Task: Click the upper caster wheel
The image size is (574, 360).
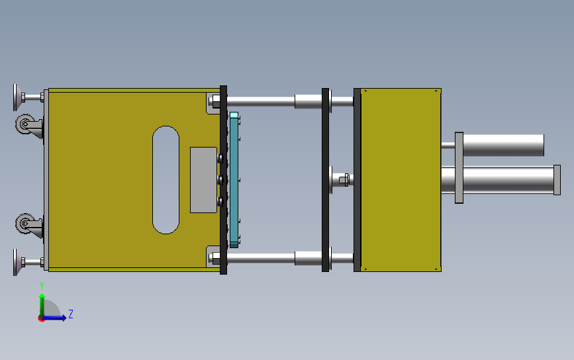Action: [24, 124]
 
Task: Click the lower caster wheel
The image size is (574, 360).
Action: [24, 223]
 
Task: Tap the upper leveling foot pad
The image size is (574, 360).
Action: [15, 97]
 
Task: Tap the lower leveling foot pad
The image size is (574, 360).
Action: [15, 262]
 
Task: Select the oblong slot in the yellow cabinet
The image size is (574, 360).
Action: [166, 180]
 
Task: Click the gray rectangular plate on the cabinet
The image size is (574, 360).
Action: [203, 180]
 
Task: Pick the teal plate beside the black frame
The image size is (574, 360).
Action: [234, 180]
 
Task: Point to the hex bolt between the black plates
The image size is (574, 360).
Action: [344, 180]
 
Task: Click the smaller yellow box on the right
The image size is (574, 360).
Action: [401, 180]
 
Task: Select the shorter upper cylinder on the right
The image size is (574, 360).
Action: [503, 145]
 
